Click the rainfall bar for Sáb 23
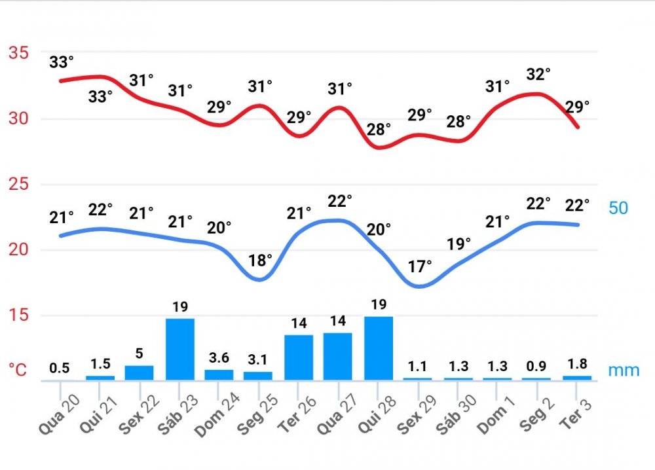pos(180,349)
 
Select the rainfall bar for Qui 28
pos(379,348)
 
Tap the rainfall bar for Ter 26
pos(299,357)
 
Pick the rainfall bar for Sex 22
pos(139,372)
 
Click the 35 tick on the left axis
pos(18,52)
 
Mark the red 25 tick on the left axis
pos(18,184)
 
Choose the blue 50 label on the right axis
pos(618,208)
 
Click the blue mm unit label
pos(624,371)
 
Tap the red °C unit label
pos(17,371)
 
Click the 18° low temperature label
pos(260,260)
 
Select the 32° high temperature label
pos(538,74)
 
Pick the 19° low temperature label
pos(458,244)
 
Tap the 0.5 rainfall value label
pos(59,368)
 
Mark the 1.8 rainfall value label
pos(576,363)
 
